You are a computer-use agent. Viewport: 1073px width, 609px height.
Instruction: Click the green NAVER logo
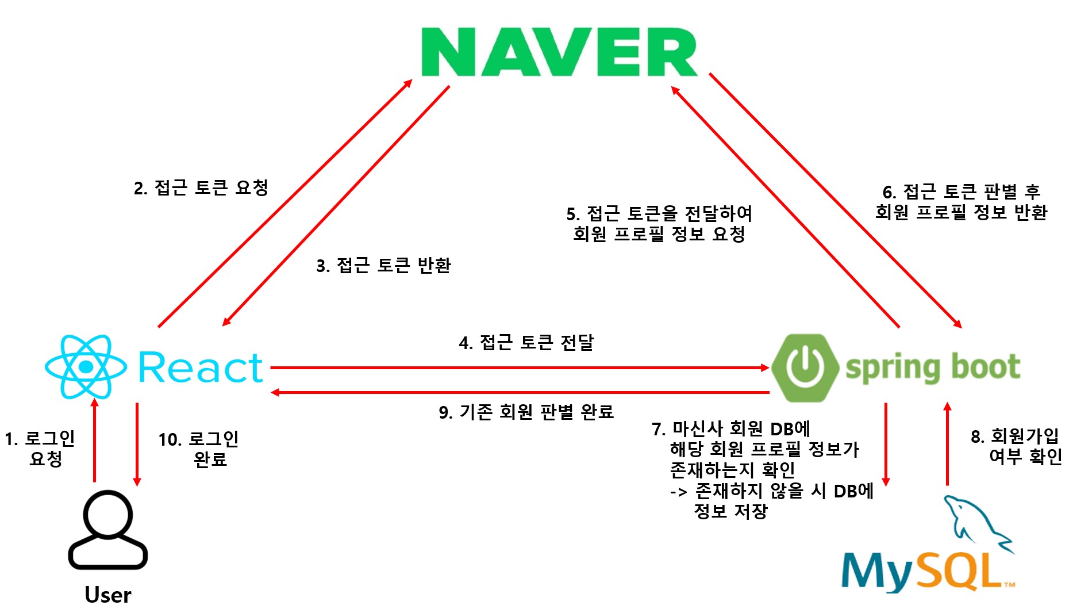(x=559, y=52)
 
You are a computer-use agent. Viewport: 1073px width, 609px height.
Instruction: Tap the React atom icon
(x=86, y=367)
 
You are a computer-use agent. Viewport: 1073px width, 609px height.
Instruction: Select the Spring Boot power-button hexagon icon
(x=805, y=367)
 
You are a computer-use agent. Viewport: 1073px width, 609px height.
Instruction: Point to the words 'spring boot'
(x=932, y=368)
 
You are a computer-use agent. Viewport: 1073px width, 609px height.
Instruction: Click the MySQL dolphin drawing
(x=977, y=523)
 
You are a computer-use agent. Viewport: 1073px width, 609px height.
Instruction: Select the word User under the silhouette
(x=108, y=595)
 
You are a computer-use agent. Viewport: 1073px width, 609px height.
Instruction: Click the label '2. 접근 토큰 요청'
(x=201, y=188)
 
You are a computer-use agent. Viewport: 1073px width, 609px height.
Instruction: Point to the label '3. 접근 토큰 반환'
(x=383, y=266)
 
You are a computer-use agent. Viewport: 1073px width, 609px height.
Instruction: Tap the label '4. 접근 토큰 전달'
(x=526, y=343)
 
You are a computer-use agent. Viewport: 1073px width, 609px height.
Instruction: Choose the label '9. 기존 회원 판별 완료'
(x=526, y=412)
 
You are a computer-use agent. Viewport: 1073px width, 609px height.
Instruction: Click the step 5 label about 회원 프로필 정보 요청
(x=659, y=224)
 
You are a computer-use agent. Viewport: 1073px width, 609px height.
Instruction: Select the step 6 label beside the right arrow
(x=961, y=202)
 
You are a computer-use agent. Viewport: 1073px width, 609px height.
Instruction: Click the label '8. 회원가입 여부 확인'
(x=1016, y=446)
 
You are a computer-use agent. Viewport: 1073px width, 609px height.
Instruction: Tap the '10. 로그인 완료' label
(x=199, y=449)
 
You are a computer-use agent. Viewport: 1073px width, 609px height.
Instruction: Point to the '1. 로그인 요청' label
(x=40, y=449)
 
